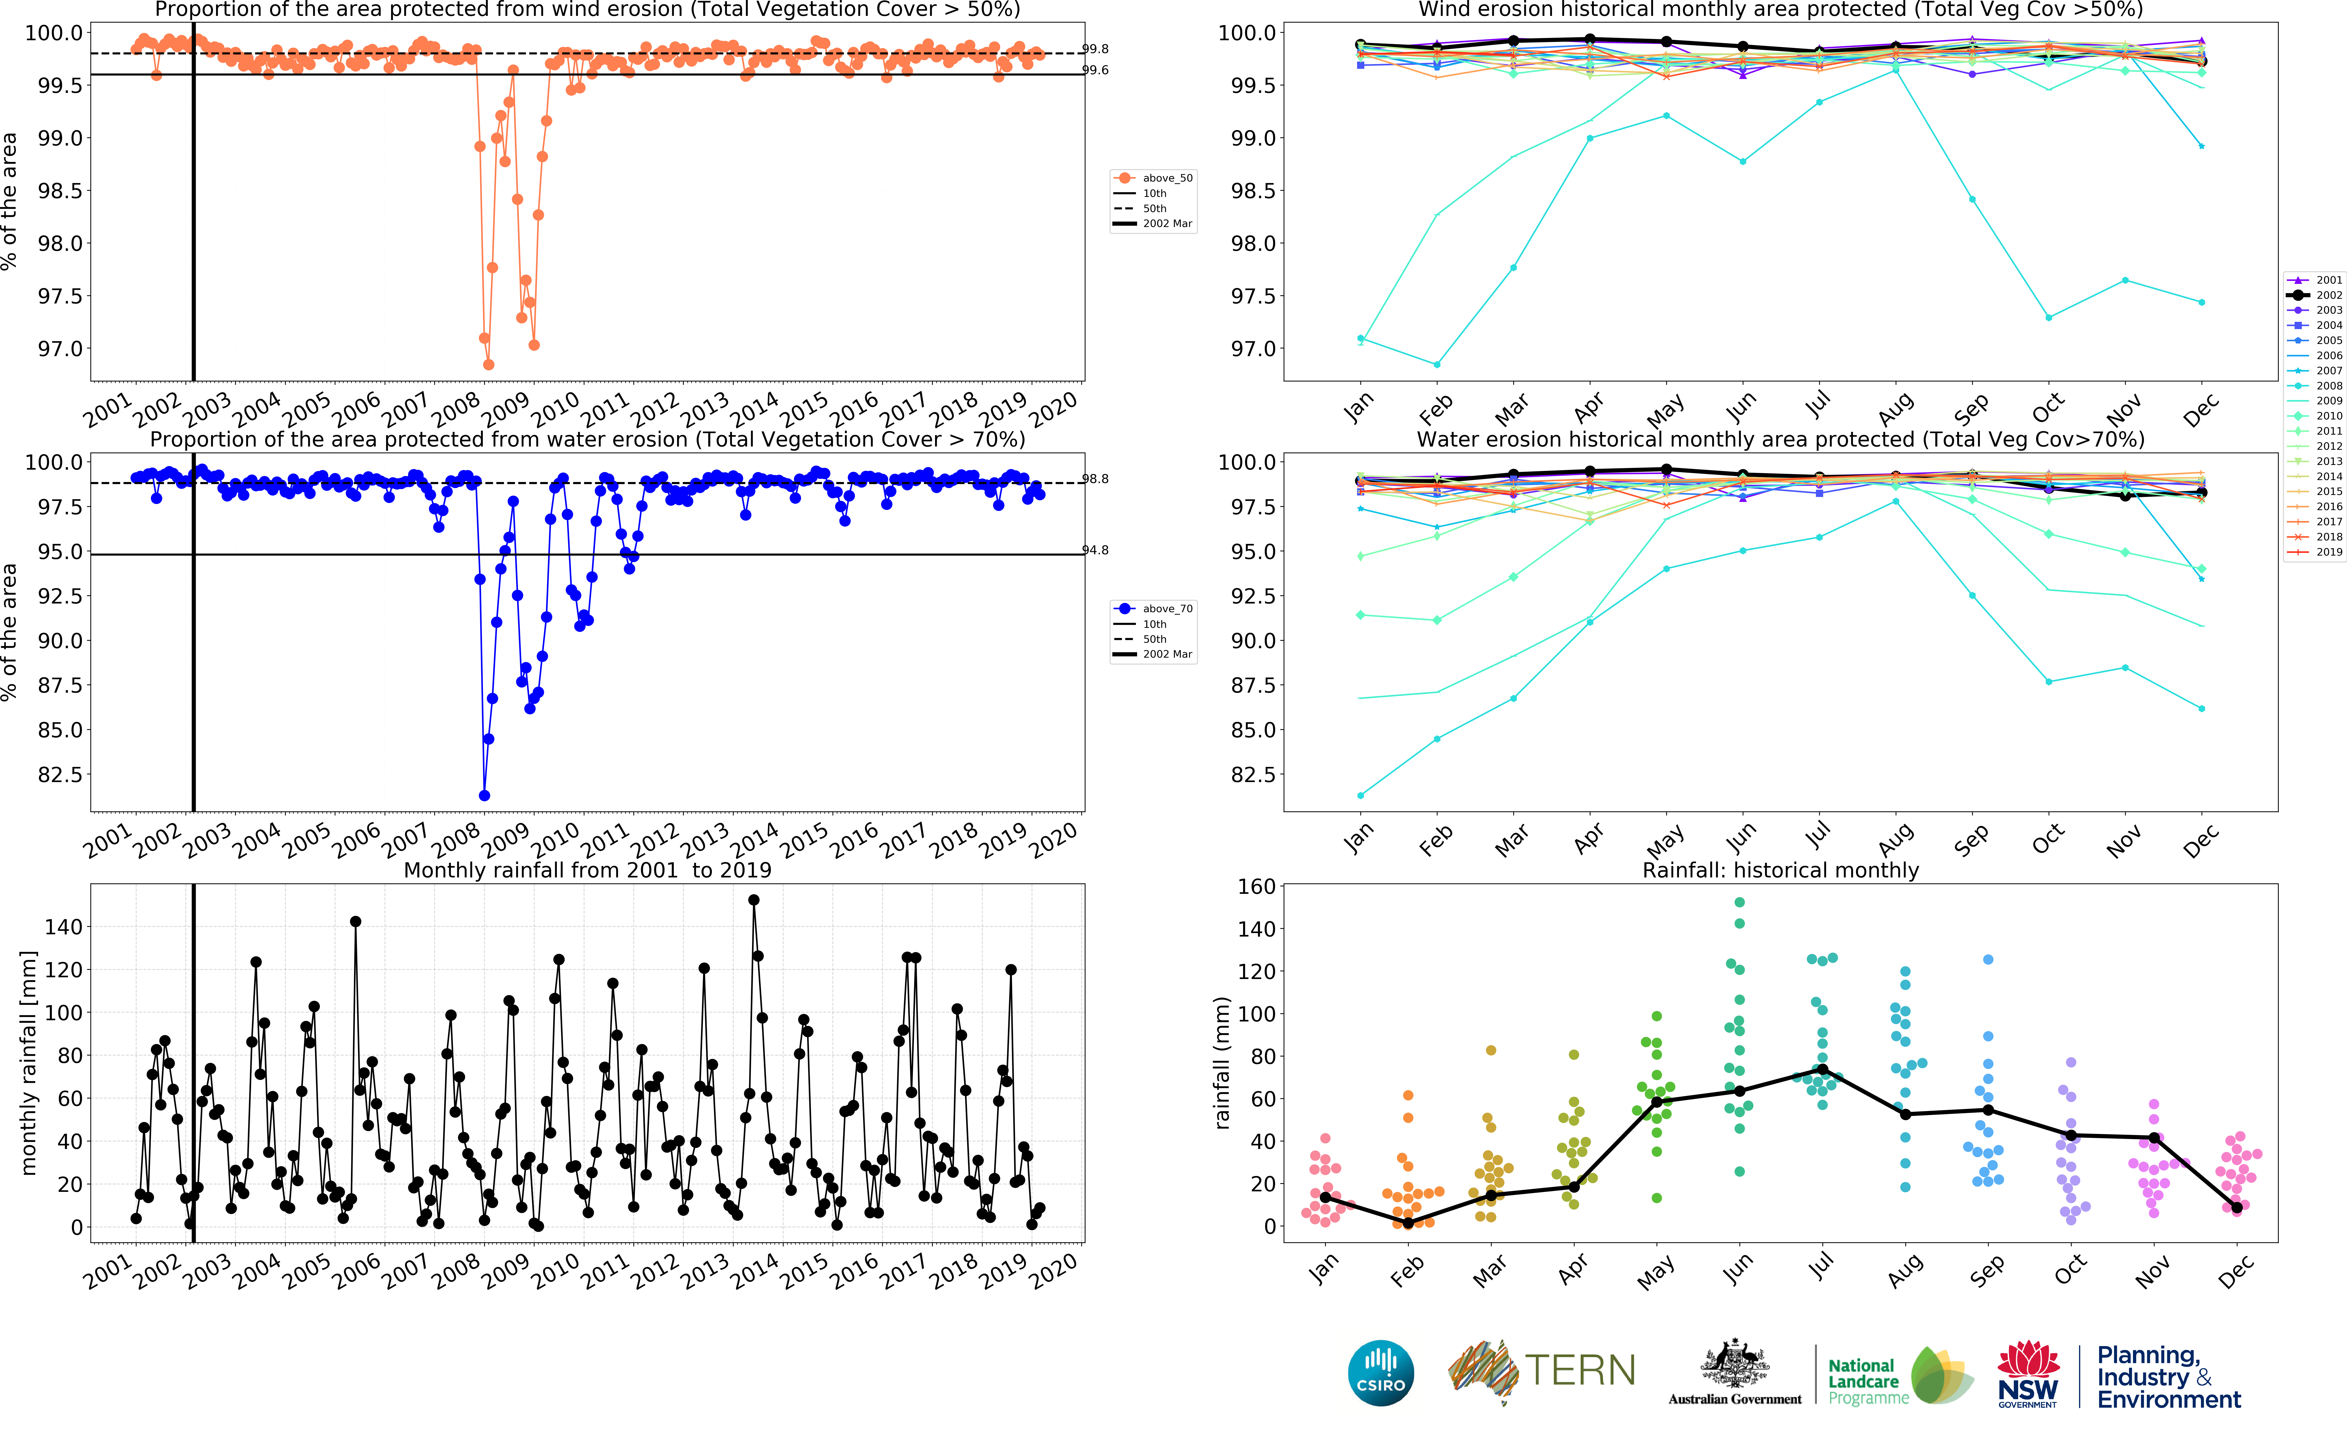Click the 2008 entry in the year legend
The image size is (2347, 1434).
click(x=2328, y=386)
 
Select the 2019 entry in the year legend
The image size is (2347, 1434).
click(x=2328, y=552)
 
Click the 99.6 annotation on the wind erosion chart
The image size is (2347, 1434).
click(x=1095, y=71)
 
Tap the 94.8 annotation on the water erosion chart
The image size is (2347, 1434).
click(x=1095, y=551)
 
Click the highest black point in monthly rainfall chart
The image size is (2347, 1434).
click(x=754, y=900)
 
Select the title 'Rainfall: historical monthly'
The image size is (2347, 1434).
click(x=1780, y=870)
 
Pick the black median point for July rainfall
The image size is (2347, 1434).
click(x=1822, y=1069)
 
